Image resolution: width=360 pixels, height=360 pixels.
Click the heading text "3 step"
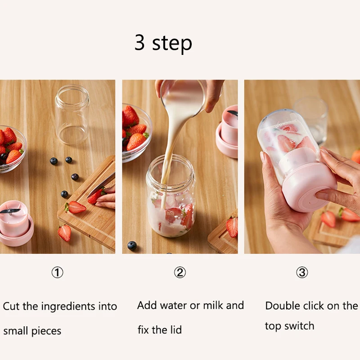pos(163,43)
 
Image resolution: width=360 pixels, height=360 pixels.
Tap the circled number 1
pos(57,272)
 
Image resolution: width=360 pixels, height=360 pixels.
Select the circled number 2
pos(180,272)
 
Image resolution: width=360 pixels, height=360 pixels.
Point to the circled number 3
pos(302,272)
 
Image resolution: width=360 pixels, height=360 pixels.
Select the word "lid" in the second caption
pos(176,330)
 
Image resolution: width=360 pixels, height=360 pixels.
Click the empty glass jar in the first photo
pos(72,115)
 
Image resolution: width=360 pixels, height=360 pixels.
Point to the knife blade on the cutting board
pos(101,185)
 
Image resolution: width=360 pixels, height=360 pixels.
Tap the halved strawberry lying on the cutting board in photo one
pos(75,207)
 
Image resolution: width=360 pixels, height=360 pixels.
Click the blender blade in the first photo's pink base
pos(10,211)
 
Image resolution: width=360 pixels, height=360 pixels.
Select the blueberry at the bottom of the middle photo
pos(132,246)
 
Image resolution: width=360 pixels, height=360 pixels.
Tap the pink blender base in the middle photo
pos(227,132)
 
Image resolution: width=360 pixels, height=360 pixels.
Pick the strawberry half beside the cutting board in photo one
pos(64,233)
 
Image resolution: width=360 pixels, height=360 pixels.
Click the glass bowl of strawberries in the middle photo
pos(137,133)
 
